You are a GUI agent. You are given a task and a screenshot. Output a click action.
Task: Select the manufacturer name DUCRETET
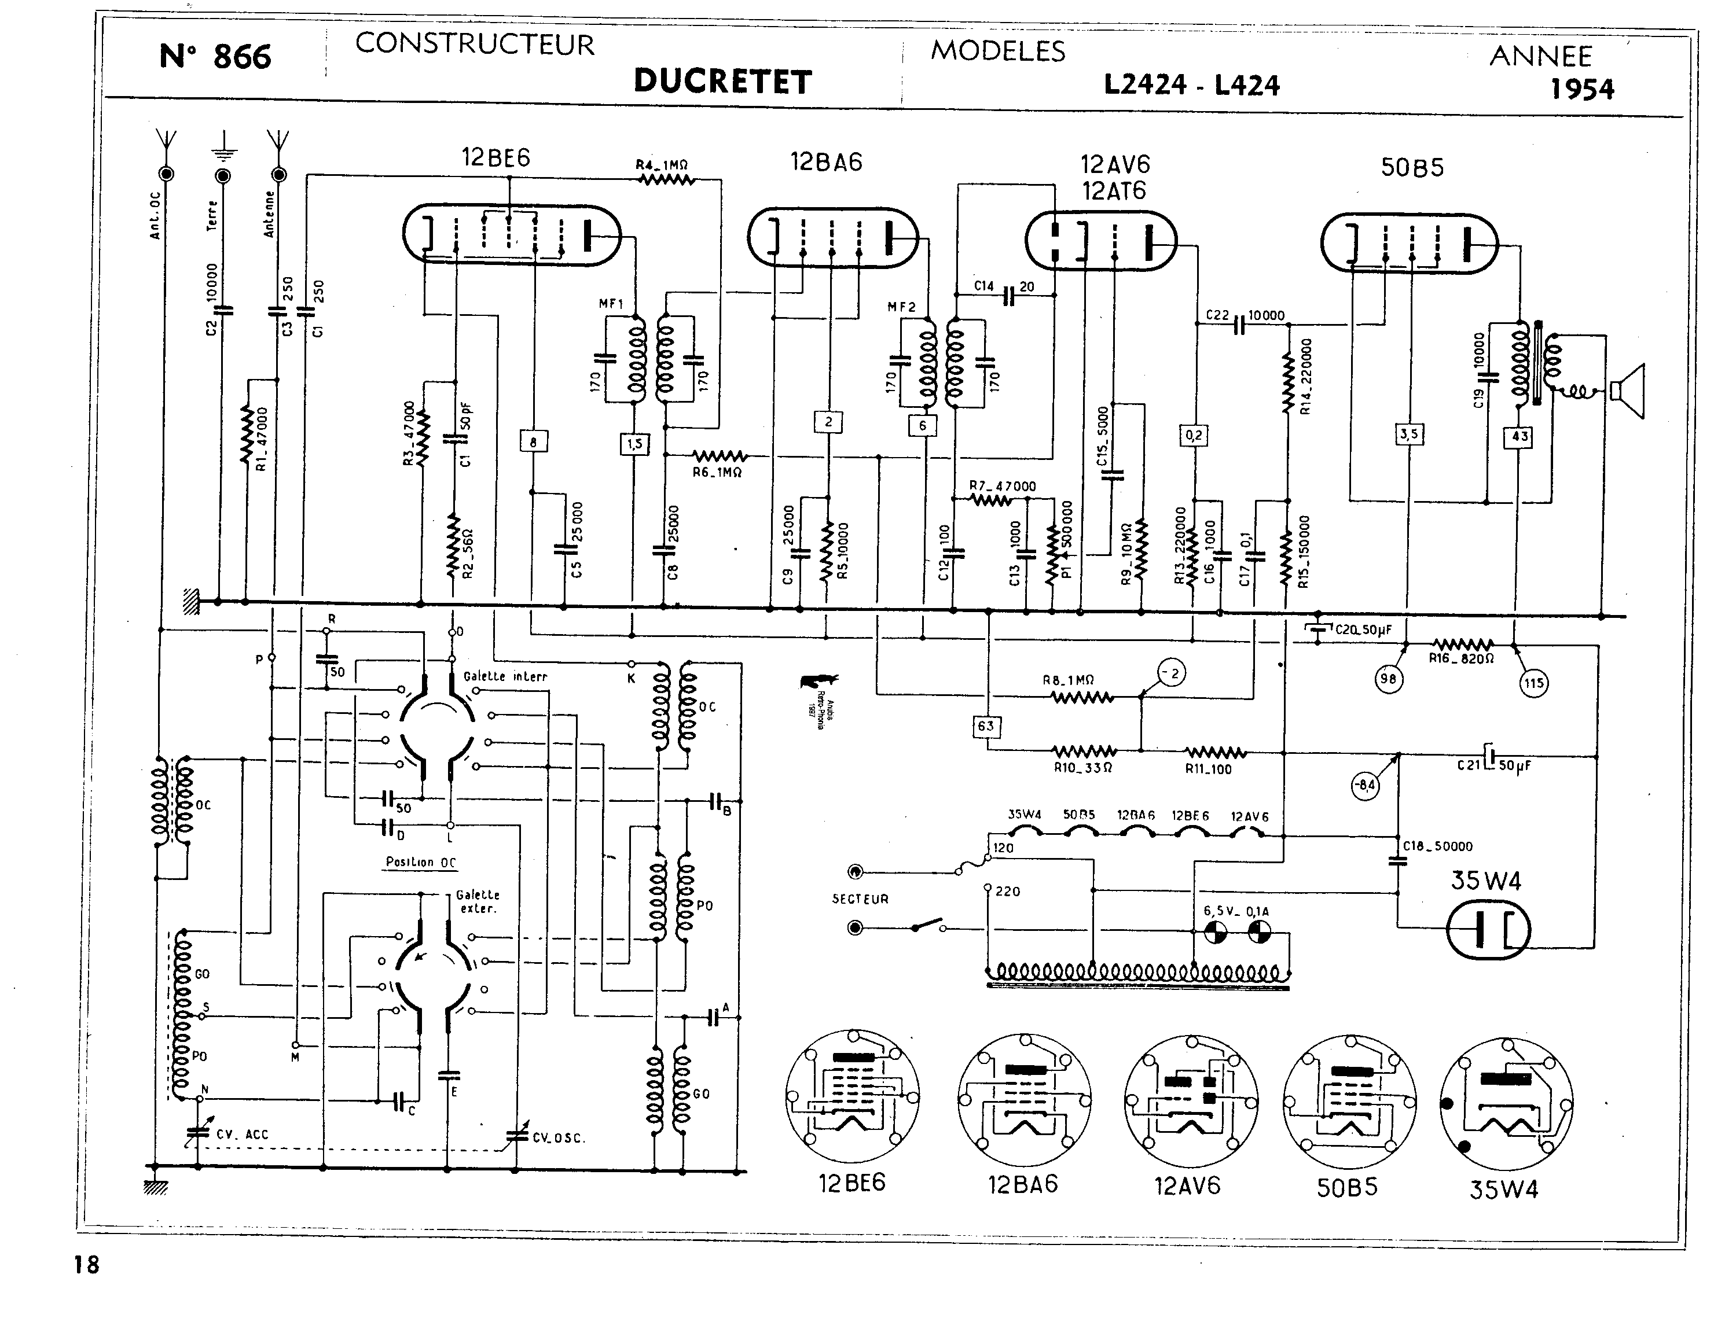pyautogui.click(x=722, y=82)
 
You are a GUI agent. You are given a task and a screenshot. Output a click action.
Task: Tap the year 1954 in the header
pyautogui.click(x=1581, y=90)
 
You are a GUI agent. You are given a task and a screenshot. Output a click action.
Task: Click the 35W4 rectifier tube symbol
pyautogui.click(x=1487, y=930)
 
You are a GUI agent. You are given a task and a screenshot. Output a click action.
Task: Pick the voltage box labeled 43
pyautogui.click(x=1520, y=436)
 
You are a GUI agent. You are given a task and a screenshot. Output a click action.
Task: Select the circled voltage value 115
pyautogui.click(x=1533, y=683)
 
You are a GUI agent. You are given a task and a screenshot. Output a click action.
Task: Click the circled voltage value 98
pyautogui.click(x=1388, y=679)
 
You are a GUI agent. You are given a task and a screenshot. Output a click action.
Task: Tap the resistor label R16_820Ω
pyautogui.click(x=1460, y=659)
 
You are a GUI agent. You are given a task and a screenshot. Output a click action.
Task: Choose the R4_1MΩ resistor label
pyautogui.click(x=662, y=165)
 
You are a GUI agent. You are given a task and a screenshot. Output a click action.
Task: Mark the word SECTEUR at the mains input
pyautogui.click(x=860, y=899)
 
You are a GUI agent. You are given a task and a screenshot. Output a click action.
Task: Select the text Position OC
pyautogui.click(x=421, y=861)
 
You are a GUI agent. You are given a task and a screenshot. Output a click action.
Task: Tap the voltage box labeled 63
pyautogui.click(x=986, y=726)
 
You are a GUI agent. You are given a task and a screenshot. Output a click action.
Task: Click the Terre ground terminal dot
pyautogui.click(x=223, y=174)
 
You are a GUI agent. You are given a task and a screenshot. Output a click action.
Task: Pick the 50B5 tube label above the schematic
pyautogui.click(x=1412, y=167)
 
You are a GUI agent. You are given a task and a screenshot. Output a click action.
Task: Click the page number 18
pyautogui.click(x=87, y=1265)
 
